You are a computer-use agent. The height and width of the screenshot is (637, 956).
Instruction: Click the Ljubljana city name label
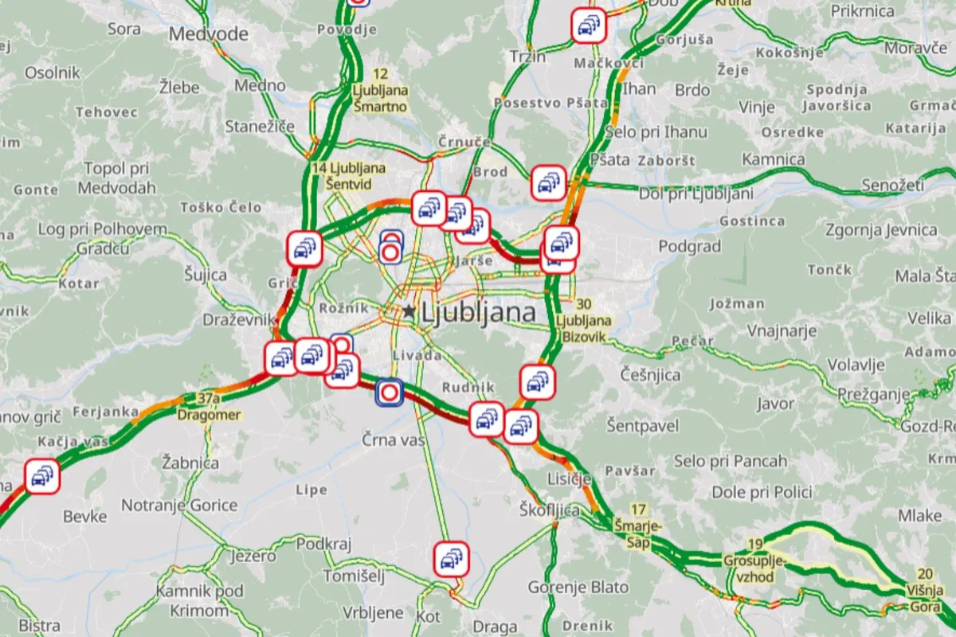[x=477, y=313]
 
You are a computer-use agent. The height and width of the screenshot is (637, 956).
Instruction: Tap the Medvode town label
[x=209, y=33]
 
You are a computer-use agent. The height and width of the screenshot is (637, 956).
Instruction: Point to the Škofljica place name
[x=549, y=510]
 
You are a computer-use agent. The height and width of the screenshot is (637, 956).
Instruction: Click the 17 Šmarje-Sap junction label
[x=637, y=526]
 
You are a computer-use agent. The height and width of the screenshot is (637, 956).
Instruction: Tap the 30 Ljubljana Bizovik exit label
[x=585, y=320]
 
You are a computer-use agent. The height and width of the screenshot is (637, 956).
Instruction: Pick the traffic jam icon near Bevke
[x=40, y=476]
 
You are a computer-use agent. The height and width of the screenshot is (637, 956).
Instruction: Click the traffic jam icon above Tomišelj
[x=452, y=558]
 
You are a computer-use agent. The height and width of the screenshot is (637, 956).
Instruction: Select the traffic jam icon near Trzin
[x=589, y=26]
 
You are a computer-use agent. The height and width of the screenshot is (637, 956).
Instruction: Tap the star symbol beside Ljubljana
[x=409, y=312]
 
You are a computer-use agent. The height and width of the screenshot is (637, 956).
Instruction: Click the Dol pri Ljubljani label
[x=696, y=193]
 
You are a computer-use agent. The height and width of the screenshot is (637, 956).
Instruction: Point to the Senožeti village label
[x=892, y=186]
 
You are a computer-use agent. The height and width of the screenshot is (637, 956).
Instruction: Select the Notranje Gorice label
[x=179, y=505]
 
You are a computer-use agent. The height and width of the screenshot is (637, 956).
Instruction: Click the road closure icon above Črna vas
[x=390, y=392]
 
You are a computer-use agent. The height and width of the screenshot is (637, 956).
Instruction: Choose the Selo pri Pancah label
[x=731, y=460]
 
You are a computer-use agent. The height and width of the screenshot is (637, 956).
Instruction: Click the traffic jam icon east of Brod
[x=548, y=182]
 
